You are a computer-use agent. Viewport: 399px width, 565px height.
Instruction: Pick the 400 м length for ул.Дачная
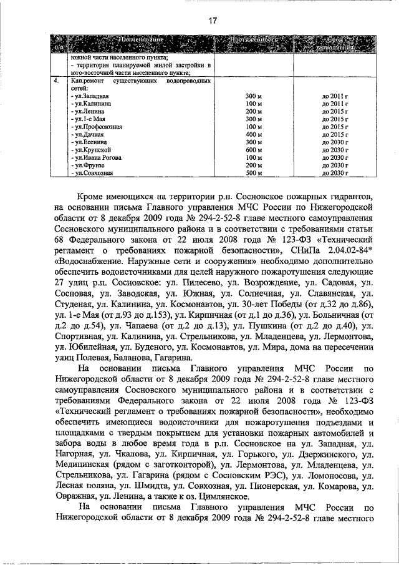[x=252, y=134]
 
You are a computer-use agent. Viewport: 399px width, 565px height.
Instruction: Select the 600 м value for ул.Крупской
[x=252, y=150]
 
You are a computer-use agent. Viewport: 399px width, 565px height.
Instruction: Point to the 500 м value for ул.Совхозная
[x=252, y=173]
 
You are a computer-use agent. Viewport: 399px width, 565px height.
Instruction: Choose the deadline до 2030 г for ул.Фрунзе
[x=334, y=165]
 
